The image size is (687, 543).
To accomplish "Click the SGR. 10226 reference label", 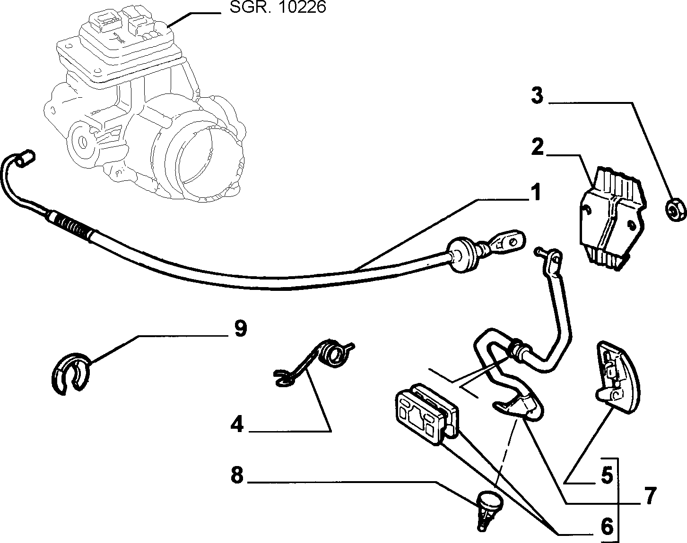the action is coord(278,7).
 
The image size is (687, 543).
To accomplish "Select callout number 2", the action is coord(537,147).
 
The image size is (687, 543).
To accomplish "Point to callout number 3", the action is coord(537,95).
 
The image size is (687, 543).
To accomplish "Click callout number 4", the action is coord(237,424).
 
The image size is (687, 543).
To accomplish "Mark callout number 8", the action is coord(237,475).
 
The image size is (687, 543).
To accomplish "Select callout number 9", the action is coord(240,329).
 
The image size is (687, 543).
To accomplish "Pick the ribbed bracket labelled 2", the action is coord(612,219).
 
